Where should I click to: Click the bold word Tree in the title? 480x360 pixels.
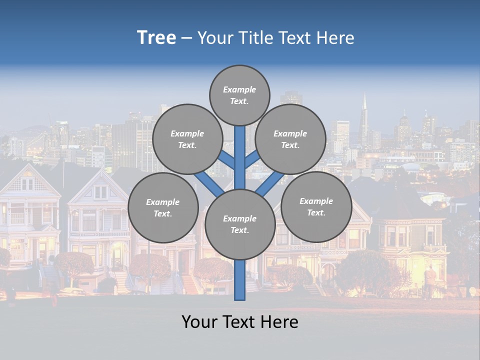(156, 38)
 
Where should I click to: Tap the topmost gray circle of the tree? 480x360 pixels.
(239, 95)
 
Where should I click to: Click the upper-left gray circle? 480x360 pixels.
(187, 139)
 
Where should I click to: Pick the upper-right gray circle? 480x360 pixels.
(290, 139)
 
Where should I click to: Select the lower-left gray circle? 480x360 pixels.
(163, 207)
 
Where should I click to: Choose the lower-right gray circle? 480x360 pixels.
(316, 206)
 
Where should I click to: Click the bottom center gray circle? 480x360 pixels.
(240, 224)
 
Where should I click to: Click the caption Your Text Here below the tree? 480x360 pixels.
(240, 322)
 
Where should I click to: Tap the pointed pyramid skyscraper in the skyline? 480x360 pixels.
(364, 115)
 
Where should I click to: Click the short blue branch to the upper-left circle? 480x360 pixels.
(226, 160)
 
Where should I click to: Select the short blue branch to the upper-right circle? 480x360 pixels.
(252, 159)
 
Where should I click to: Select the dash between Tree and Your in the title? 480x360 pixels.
(186, 38)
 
